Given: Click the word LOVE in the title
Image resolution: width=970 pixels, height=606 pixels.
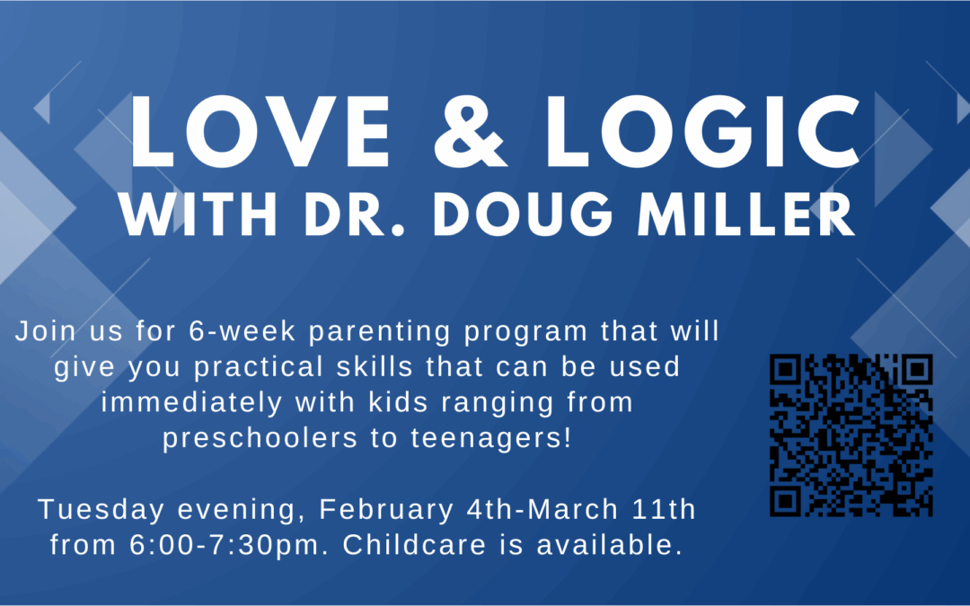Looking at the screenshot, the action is tap(260, 132).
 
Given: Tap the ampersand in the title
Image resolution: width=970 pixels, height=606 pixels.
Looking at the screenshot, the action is tap(471, 132).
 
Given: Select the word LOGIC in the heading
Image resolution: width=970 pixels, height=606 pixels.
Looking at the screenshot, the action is tap(702, 132).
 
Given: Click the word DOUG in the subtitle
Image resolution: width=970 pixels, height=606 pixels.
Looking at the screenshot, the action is tap(524, 214).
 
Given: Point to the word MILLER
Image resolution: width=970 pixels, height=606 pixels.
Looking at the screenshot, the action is tap(746, 214).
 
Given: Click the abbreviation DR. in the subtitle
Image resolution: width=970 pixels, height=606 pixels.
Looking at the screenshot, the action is tap(355, 214).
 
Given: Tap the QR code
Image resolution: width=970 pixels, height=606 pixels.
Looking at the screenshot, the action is tap(851, 435).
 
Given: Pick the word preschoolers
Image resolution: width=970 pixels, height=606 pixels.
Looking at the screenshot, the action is tap(260, 438).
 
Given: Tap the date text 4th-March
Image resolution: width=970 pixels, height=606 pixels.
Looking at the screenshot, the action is tap(542, 510).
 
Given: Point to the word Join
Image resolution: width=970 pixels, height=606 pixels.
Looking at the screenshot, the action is tap(45, 331).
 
